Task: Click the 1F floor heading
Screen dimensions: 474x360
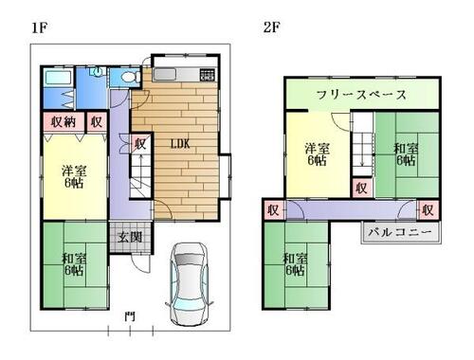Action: coord(39,27)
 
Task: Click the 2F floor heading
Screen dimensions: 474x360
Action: coord(271,27)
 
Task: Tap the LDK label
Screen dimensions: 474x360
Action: coord(180,144)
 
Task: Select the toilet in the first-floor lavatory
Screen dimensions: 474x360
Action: coord(130,77)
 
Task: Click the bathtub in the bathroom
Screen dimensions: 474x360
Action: coord(58,78)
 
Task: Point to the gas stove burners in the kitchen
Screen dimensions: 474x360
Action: coord(208,75)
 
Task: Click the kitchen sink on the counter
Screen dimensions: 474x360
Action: coord(164,75)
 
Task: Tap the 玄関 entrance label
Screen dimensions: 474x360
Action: coord(130,237)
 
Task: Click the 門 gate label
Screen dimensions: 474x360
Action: coord(130,316)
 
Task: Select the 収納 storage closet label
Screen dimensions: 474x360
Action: coord(64,121)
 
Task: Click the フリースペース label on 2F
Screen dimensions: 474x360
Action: coord(361,95)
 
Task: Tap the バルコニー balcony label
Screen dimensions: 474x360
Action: coord(400,232)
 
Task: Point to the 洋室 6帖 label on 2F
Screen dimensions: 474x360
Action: coord(317,154)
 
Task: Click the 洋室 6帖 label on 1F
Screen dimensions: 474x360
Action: coord(74,177)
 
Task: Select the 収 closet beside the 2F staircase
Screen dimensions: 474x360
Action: coord(361,189)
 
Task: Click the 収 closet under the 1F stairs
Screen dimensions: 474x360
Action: coord(140,144)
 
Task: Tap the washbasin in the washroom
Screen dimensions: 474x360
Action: coord(97,72)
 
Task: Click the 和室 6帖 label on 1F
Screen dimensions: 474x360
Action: coord(74,264)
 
